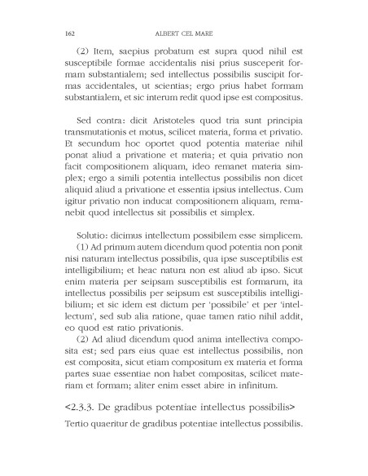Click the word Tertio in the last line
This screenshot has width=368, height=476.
coord(77,447)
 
